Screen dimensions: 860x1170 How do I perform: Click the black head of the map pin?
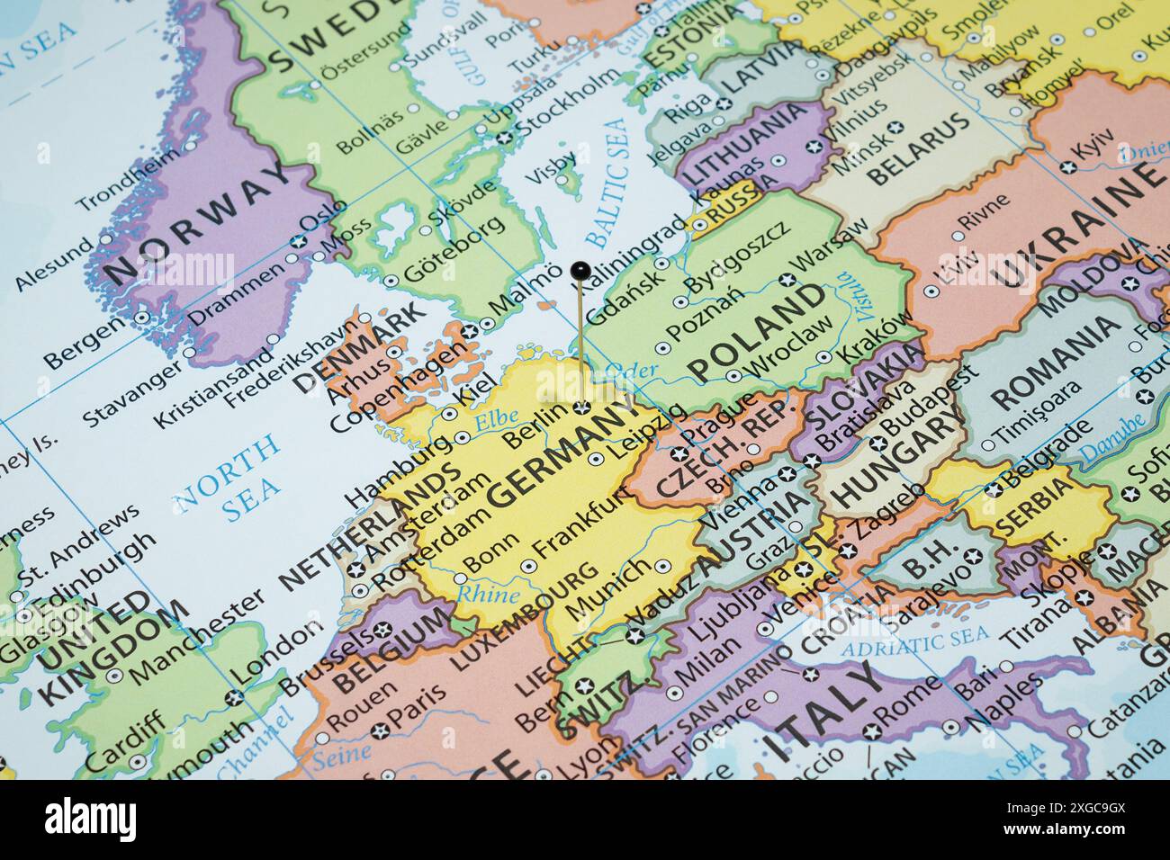pyautogui.click(x=580, y=269)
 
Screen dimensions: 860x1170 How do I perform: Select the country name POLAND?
pyautogui.click(x=756, y=332)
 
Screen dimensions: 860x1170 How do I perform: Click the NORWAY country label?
pyautogui.click(x=198, y=219)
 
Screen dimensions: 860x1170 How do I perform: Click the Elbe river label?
pyautogui.click(x=496, y=419)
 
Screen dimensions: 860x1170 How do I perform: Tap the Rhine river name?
pyautogui.click(x=487, y=594)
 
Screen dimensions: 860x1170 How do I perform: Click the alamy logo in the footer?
pyautogui.click(x=90, y=820)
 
